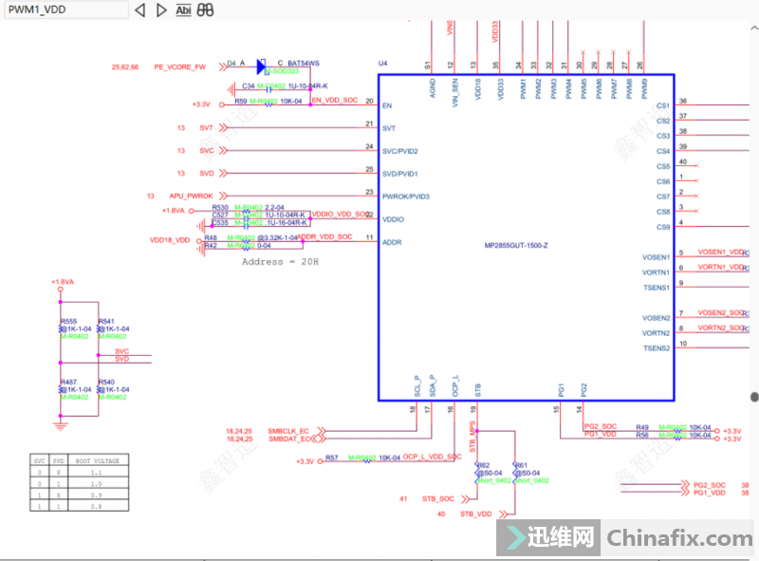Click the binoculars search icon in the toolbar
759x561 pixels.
click(x=206, y=9)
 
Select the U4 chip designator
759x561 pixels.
click(x=383, y=64)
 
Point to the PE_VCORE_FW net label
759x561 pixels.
click(x=179, y=67)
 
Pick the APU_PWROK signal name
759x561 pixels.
click(x=193, y=196)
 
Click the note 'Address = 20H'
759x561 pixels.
click(x=280, y=261)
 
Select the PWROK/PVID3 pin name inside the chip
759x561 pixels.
click(x=407, y=196)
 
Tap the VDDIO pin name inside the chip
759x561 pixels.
click(x=394, y=219)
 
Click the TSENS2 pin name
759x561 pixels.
click(x=657, y=348)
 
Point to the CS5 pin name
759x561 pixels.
click(x=662, y=166)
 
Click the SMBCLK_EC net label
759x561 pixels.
click(x=289, y=430)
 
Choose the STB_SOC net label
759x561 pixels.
click(x=438, y=498)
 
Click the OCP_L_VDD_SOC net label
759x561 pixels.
click(x=432, y=458)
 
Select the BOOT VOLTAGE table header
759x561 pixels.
click(x=97, y=460)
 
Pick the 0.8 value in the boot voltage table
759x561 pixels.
click(x=96, y=507)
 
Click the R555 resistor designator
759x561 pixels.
click(x=67, y=322)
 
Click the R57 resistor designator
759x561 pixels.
click(x=332, y=458)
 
